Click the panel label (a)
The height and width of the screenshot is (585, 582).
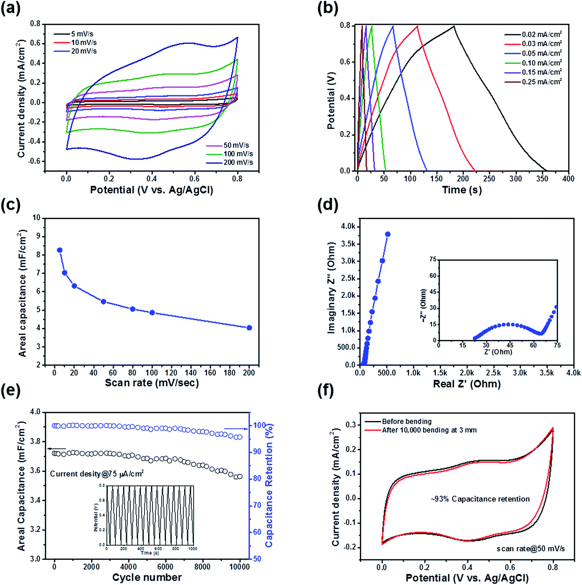point(10,8)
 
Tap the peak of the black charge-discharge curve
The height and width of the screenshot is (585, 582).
point(454,26)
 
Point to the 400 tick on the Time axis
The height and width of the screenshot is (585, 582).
point(568,178)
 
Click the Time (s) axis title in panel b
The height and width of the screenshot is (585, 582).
point(462,190)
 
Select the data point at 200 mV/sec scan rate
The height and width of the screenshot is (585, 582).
point(249,328)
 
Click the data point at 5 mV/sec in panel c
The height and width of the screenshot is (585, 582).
point(60,250)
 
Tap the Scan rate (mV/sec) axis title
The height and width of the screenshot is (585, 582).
point(152,383)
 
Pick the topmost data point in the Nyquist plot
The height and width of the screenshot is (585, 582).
point(388,234)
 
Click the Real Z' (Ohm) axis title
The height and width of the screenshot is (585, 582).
point(467,384)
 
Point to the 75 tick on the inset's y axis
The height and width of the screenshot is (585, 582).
point(433,260)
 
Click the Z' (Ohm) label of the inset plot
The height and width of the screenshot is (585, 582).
point(498,352)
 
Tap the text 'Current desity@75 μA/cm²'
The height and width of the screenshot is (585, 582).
point(97,474)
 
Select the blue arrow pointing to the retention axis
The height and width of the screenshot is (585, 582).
point(236,429)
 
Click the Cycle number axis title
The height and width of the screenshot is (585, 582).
point(147,577)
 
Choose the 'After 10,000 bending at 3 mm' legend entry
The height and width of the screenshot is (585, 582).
point(429,430)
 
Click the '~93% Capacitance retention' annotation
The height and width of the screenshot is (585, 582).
point(480,499)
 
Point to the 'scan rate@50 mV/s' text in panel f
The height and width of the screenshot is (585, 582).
point(530,549)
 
